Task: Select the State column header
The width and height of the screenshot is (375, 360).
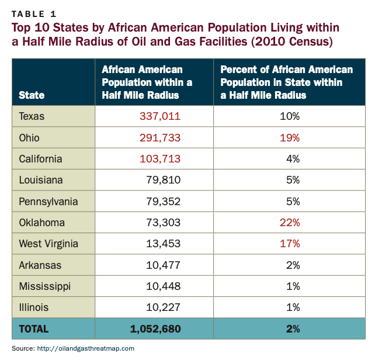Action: pyautogui.click(x=32, y=95)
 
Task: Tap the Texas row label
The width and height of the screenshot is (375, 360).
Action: pyautogui.click(x=32, y=116)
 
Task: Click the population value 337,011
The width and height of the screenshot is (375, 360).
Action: pyautogui.click(x=159, y=116)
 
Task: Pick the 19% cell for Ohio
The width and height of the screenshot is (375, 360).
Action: pyautogui.click(x=289, y=138)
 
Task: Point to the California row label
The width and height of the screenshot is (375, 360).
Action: pyautogui.click(x=40, y=159)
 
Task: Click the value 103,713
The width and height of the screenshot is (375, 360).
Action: pyautogui.click(x=159, y=159)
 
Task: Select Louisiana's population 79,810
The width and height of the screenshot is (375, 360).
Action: pyautogui.click(x=163, y=180)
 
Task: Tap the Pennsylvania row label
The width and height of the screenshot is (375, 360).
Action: pyautogui.click(x=48, y=202)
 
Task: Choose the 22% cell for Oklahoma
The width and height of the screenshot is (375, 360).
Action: pyautogui.click(x=289, y=223)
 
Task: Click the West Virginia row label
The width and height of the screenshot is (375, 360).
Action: pyautogui.click(x=48, y=244)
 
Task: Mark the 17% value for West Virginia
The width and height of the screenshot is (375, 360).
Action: pyautogui.click(x=289, y=244)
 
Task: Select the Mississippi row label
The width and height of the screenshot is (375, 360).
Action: pyautogui.click(x=45, y=286)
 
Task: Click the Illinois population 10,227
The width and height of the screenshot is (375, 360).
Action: pyautogui.click(x=163, y=307)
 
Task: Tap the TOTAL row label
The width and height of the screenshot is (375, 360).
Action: pyautogui.click(x=34, y=329)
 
